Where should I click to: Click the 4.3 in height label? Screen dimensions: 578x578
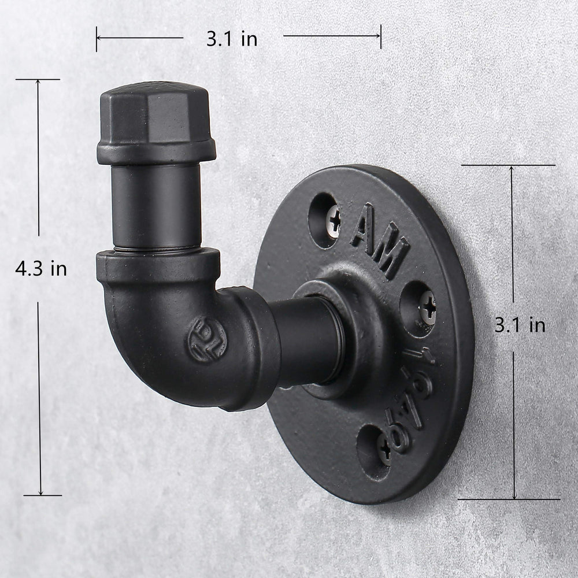[41, 269]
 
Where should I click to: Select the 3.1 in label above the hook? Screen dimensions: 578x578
[232, 39]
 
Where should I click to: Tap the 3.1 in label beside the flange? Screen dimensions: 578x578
[520, 325]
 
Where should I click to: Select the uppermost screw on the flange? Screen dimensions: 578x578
[334, 221]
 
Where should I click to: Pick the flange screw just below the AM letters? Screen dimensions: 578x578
[427, 306]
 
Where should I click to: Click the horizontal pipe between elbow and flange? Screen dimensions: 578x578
[306, 341]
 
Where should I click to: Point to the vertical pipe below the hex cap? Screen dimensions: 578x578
[155, 205]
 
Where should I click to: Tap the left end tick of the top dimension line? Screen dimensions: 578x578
[97, 39]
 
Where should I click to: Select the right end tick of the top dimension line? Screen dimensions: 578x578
[380, 36]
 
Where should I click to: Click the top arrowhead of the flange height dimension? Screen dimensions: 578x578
[512, 169]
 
